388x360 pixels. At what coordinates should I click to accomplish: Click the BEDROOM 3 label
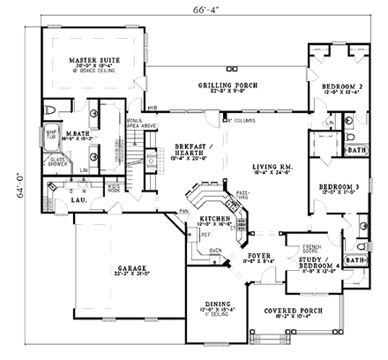tap(336, 188)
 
